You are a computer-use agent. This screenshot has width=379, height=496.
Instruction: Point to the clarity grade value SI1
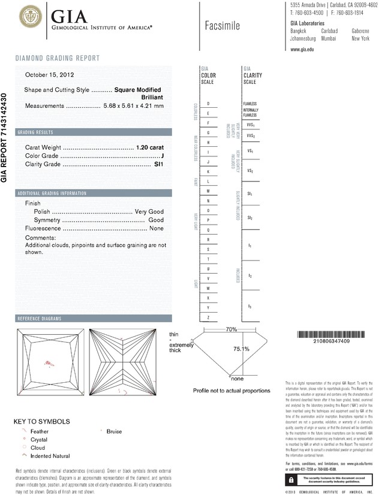coord(159,164)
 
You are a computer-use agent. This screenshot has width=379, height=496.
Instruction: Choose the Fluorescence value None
coord(157,229)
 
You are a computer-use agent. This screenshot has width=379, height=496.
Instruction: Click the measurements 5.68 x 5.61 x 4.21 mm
coord(133,106)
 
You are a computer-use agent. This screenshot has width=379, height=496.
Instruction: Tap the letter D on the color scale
coord(208,104)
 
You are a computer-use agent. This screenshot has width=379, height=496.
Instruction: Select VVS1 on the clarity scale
coord(250,125)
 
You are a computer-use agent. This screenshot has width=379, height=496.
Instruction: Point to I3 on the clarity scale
coord(249,306)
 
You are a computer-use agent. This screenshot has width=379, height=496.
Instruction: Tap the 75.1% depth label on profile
coord(241,349)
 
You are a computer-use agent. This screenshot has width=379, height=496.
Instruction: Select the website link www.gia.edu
coord(302,50)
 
